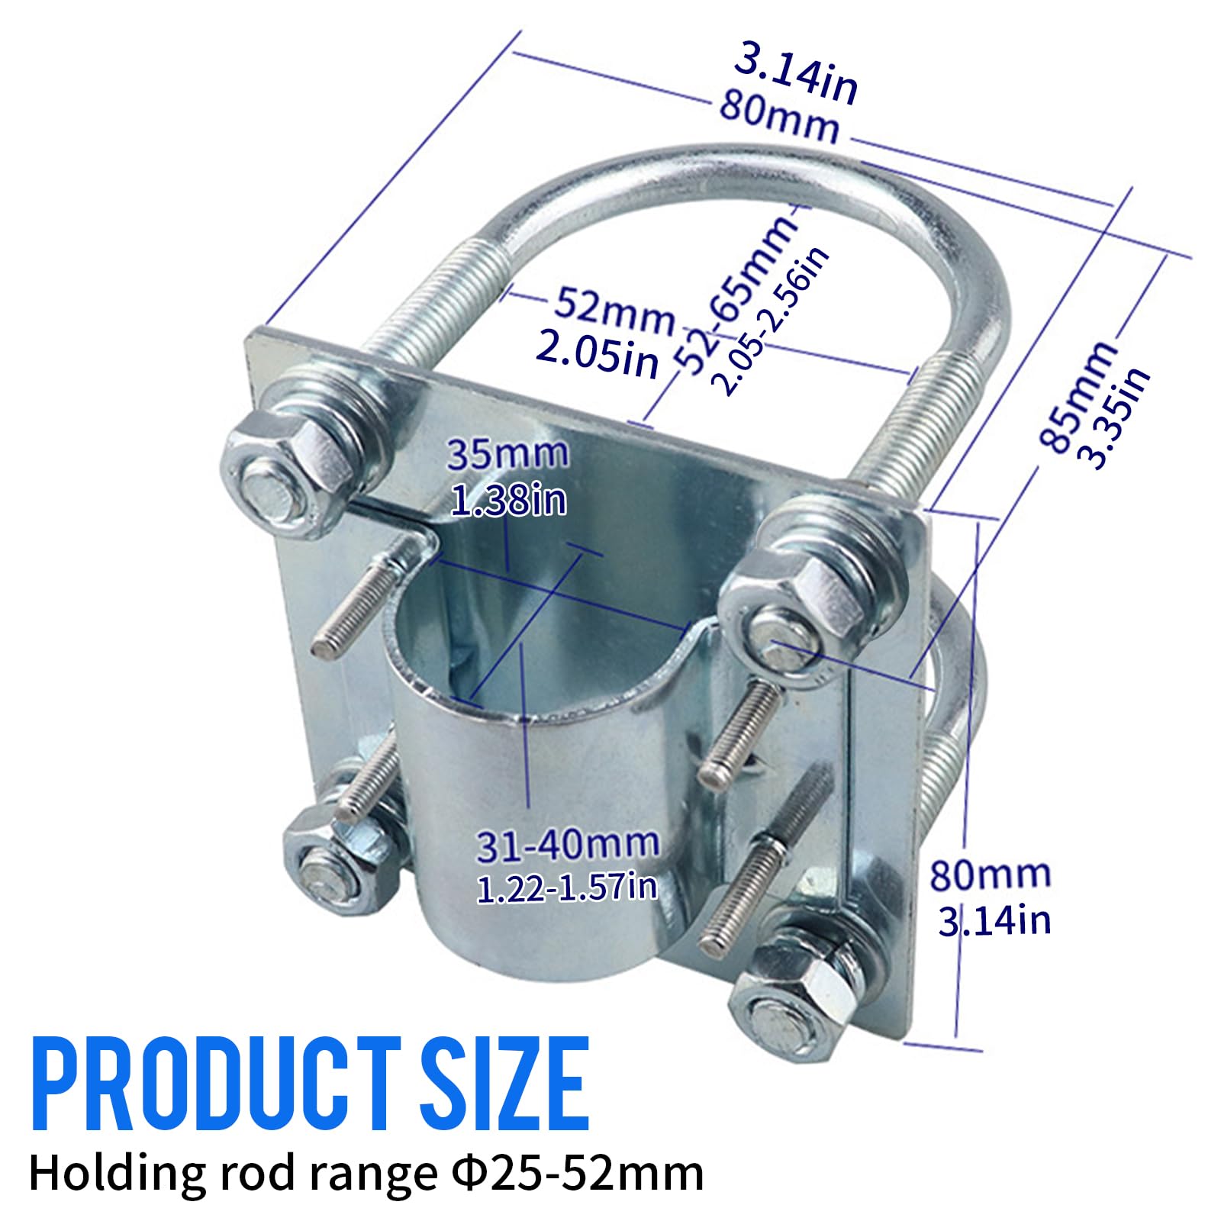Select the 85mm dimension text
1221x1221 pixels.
coord(1076,396)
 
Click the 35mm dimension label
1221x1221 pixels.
coord(507,454)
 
